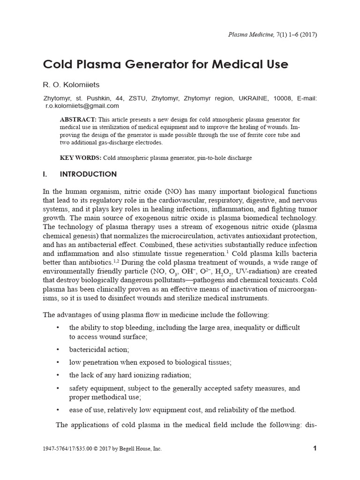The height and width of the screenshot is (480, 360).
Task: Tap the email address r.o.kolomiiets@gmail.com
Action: point(82,106)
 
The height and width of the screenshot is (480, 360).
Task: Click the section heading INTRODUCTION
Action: point(89,174)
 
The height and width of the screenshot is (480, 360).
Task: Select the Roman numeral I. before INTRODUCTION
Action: point(45,174)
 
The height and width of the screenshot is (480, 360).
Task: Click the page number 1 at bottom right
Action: point(315,448)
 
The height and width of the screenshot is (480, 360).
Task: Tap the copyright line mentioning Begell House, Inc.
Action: point(102,449)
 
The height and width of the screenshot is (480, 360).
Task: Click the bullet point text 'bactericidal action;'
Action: point(99,350)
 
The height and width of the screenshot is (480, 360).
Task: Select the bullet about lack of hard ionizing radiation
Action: point(130,375)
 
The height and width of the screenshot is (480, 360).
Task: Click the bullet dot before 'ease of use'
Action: point(57,410)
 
